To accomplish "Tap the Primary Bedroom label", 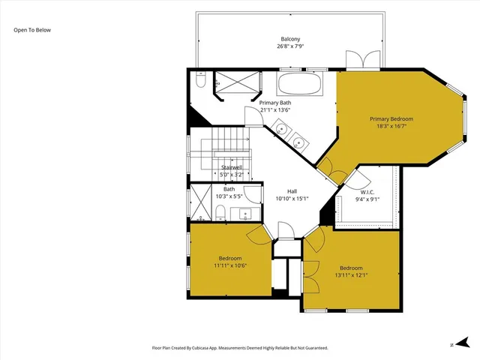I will coord(391,118).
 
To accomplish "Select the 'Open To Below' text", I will coord(32,30).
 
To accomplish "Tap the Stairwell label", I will coord(231,167).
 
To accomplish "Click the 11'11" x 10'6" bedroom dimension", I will coord(230,265).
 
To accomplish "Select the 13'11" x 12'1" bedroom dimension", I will coord(351,275).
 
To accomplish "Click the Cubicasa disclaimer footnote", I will coord(240,348).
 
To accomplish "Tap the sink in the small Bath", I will coord(245,214).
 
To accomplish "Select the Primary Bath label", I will coord(274,103).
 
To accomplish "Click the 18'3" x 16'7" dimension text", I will coord(391,126).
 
